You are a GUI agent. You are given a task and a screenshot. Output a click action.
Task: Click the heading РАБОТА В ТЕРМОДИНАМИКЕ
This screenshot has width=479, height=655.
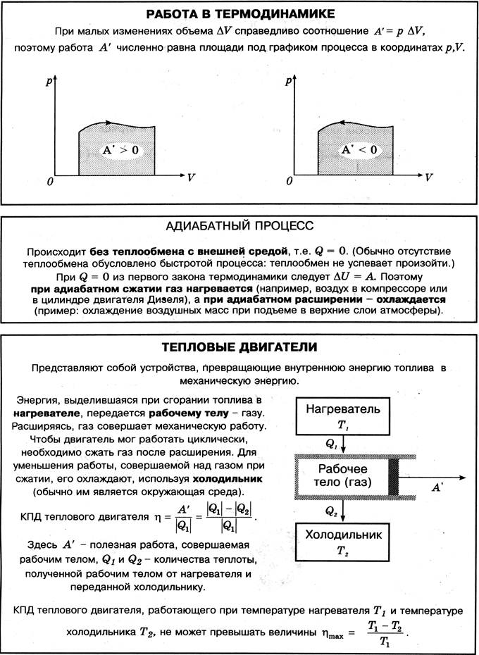click(x=239, y=13)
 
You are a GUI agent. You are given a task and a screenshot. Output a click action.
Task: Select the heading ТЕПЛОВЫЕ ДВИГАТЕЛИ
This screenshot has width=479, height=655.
click(x=239, y=347)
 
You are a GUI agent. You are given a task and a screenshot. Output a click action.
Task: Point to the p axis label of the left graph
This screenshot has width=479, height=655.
click(x=49, y=81)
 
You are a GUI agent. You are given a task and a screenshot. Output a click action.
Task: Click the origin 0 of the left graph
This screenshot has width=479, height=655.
click(x=50, y=182)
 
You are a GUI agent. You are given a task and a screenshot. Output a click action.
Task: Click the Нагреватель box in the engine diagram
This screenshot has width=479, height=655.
click(x=343, y=416)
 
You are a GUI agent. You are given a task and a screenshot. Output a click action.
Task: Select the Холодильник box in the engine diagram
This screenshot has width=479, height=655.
click(x=343, y=541)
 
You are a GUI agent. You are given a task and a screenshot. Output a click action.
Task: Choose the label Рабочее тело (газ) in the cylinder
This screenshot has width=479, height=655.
click(x=343, y=478)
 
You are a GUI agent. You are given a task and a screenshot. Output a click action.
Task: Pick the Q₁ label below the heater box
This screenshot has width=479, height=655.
click(x=331, y=446)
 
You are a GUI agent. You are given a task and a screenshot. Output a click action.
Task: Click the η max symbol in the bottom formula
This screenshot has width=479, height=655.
click(x=337, y=634)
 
